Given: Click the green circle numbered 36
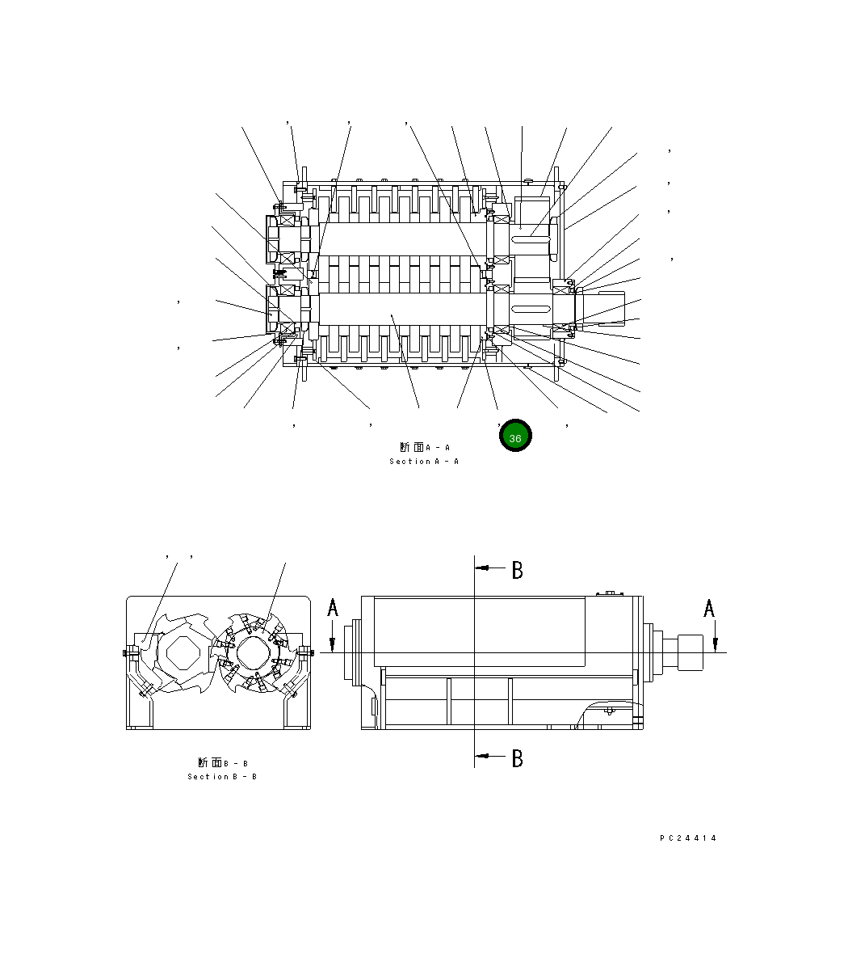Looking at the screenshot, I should point(515,437).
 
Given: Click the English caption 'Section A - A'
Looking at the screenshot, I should point(424,462).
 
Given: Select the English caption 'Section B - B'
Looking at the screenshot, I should point(222,777).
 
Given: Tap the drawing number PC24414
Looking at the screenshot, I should point(688,838).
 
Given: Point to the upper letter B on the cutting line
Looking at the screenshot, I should point(517,571).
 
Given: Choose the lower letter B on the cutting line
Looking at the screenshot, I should point(517,758).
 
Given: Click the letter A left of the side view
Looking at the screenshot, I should point(333,608).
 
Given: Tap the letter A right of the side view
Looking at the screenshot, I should point(709,608).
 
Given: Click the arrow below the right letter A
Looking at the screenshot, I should point(716,641).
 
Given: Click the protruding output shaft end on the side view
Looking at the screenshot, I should point(691,652).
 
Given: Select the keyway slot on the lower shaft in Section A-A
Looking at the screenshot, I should point(531,309).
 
